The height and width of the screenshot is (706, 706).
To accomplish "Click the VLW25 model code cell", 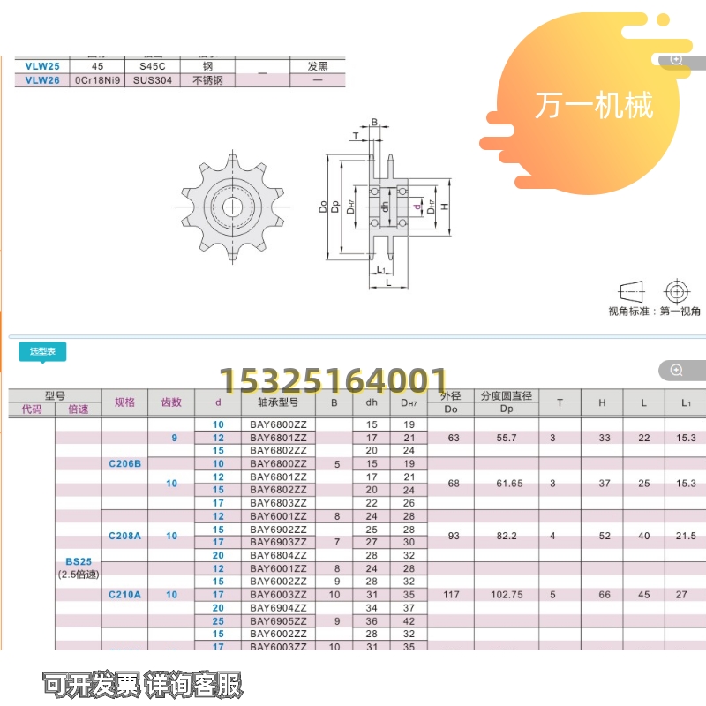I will pos(42,66).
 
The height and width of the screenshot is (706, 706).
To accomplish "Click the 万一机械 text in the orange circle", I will pos(593,105).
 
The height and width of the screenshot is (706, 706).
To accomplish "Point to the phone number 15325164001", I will pos(333,381).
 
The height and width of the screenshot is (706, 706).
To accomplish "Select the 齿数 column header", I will pos(171,402).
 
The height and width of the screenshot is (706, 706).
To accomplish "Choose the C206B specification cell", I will pos(124,463).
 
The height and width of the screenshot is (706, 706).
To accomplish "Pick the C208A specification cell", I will pos(124,536).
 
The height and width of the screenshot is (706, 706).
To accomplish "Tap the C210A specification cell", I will pos(124,595).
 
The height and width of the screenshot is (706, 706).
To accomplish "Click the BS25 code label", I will pos(78,560).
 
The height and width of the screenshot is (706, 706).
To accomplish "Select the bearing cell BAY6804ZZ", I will pos(279,555).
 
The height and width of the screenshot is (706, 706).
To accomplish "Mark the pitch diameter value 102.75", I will pos(507,595).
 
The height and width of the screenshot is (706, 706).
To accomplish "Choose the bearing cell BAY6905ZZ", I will pos(279,621).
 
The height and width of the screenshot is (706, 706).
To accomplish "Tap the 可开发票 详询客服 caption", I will pos(143,683).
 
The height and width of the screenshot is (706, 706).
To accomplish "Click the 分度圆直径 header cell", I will pos(507,396).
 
